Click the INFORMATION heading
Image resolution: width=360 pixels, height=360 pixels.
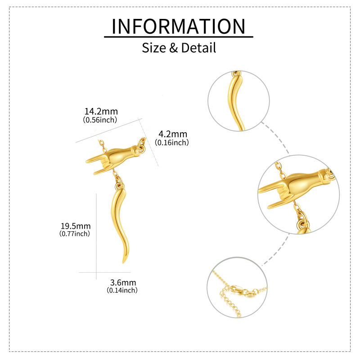(x=178, y=27)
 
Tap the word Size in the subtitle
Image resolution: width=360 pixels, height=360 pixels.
(x=153, y=48)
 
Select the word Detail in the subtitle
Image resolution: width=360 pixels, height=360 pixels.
(x=198, y=48)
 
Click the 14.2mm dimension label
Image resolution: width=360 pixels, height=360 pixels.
(x=101, y=111)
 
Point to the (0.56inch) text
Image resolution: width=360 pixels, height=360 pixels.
(x=100, y=120)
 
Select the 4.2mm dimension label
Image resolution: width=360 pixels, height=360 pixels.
(x=173, y=134)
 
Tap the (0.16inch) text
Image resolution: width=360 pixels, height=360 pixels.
(x=172, y=143)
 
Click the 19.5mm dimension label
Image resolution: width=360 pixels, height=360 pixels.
(x=76, y=226)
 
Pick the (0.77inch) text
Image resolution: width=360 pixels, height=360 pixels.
(x=75, y=234)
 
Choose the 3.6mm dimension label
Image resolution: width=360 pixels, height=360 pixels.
(x=123, y=283)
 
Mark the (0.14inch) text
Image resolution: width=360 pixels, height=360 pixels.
(x=122, y=290)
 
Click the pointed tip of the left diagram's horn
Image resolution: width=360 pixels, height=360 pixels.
(x=123, y=263)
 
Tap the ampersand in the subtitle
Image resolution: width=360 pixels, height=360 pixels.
(x=173, y=48)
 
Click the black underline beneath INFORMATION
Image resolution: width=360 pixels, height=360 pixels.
(x=178, y=36)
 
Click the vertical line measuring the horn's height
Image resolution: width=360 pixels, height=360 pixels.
(x=96, y=236)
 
